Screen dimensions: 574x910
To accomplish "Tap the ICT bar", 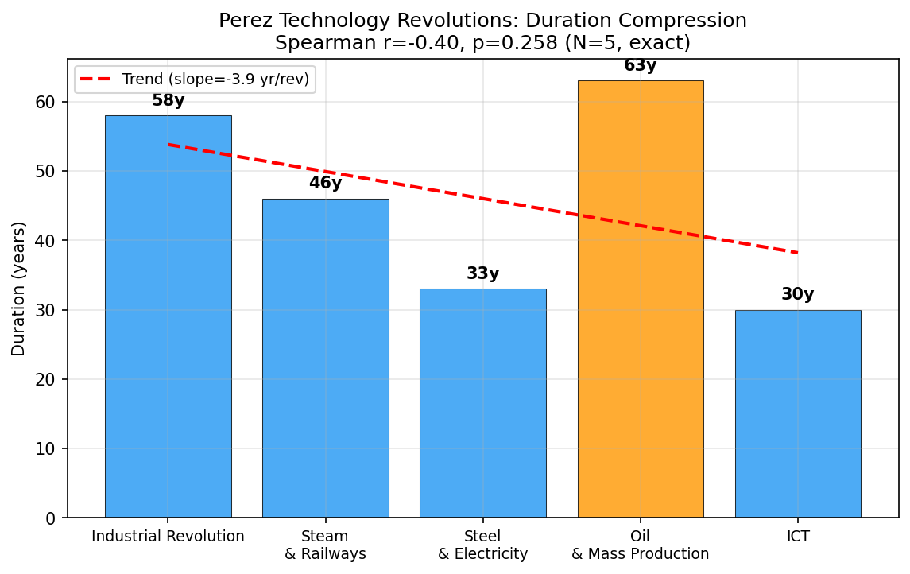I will (x=797, y=413).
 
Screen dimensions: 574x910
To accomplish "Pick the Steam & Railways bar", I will (x=325, y=358).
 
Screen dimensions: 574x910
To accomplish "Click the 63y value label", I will (x=640, y=66).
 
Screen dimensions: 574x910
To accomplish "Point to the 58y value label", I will (x=168, y=101).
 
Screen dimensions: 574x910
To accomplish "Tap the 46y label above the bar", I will (x=325, y=184).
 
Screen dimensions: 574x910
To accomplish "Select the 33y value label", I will (x=482, y=274).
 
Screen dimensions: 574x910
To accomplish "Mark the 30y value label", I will (x=797, y=295).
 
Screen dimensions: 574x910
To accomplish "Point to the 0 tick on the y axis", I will (x=50, y=518).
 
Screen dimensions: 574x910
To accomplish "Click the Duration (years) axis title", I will (x=18, y=289).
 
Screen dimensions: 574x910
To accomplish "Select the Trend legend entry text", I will (x=215, y=80).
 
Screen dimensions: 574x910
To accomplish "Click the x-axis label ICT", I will (x=797, y=537).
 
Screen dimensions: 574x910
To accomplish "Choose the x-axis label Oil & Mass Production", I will (x=640, y=545).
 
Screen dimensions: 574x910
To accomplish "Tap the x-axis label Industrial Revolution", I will (x=168, y=537).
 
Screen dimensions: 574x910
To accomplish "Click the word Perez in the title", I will (x=243, y=21).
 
